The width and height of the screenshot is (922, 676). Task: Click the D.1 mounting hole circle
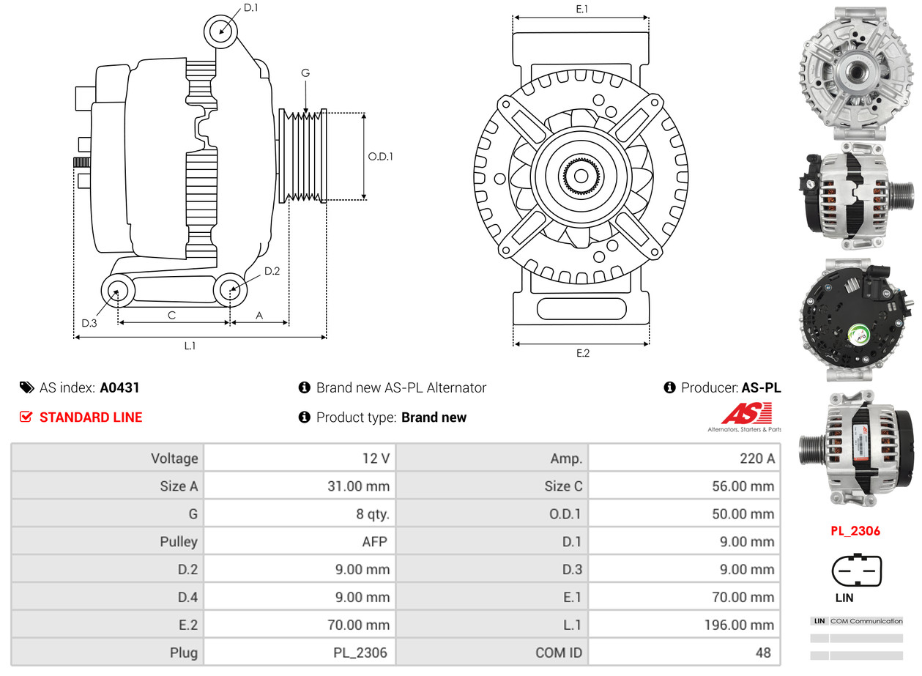[220, 31]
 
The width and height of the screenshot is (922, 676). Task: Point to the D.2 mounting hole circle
[231, 290]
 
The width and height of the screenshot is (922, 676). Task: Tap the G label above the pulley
[305, 73]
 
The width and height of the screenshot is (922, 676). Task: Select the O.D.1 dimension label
[380, 156]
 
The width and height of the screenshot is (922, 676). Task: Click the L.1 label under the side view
[190, 346]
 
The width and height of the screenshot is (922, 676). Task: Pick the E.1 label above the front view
[582, 9]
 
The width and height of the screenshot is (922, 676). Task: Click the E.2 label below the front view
[582, 353]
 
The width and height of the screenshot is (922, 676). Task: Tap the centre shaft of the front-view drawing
[581, 177]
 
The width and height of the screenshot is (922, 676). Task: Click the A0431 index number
[119, 387]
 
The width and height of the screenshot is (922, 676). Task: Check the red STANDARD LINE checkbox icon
[26, 417]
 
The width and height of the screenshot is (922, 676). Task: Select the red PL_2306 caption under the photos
[855, 531]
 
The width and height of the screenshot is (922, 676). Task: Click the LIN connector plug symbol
[856, 571]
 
